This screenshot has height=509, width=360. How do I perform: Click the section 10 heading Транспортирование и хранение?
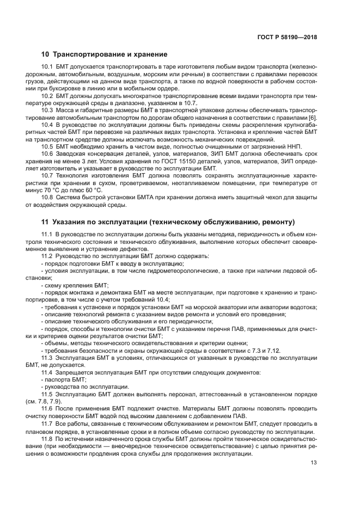click(104, 54)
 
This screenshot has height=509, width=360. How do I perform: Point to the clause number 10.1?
click(48, 67)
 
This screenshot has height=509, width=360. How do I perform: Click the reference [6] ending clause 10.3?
click(312, 119)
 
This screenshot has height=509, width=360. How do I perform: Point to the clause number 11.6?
click(48, 408)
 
